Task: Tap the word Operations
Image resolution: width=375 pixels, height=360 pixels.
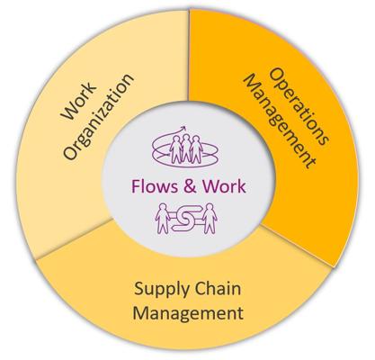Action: [299, 106]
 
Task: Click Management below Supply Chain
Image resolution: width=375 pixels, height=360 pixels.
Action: [188, 313]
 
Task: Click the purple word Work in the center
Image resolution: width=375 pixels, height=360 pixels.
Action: [224, 186]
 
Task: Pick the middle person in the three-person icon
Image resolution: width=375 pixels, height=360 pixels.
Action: [186, 148]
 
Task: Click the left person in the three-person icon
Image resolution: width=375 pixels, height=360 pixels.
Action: [175, 149]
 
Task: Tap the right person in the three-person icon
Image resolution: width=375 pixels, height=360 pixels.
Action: [196, 149]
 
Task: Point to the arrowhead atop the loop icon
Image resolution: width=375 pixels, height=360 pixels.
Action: [183, 129]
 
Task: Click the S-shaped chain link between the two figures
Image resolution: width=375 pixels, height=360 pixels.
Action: [186, 218]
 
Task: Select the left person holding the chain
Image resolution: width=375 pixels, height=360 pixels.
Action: [163, 218]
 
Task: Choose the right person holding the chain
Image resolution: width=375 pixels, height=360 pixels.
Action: [210, 218]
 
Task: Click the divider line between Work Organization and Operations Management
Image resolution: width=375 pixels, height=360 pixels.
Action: [189, 56]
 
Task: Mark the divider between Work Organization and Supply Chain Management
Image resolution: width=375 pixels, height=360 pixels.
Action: [74, 239]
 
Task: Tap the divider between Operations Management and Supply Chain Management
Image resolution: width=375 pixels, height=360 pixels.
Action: [298, 246]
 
